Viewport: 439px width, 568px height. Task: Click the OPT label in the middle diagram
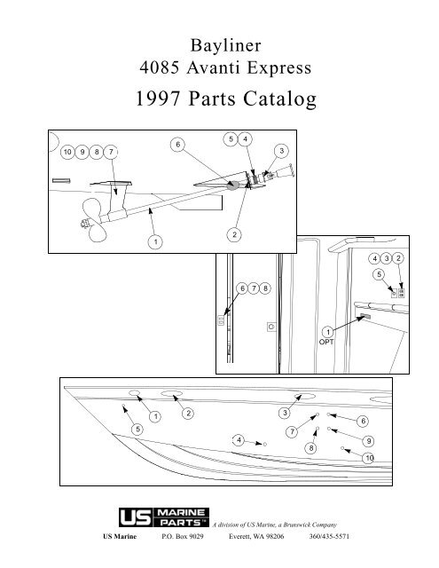click(x=326, y=340)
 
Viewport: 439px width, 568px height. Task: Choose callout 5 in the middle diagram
click(x=378, y=274)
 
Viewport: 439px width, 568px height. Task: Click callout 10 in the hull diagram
click(x=369, y=456)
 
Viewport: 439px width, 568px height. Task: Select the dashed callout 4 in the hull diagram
click(x=238, y=439)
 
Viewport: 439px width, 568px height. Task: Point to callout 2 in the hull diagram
click(x=187, y=414)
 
